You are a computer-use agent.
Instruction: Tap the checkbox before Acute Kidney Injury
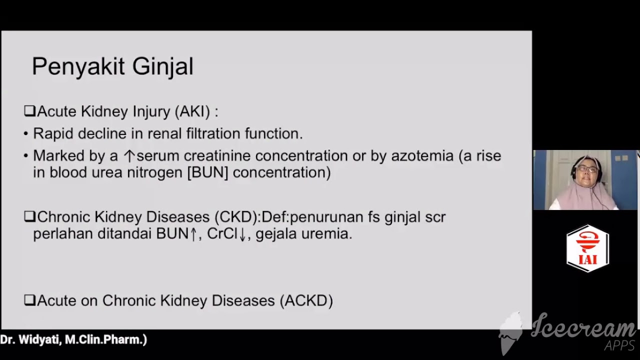click(29, 111)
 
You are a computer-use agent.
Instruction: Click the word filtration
click(213, 133)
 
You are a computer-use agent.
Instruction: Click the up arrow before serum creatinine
click(129, 156)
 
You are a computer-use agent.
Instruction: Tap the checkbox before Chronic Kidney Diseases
click(29, 217)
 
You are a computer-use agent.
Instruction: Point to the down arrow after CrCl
click(242, 234)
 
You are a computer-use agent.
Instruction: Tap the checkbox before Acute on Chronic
click(29, 300)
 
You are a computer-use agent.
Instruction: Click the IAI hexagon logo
click(587, 248)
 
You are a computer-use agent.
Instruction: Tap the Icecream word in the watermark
click(582, 328)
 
